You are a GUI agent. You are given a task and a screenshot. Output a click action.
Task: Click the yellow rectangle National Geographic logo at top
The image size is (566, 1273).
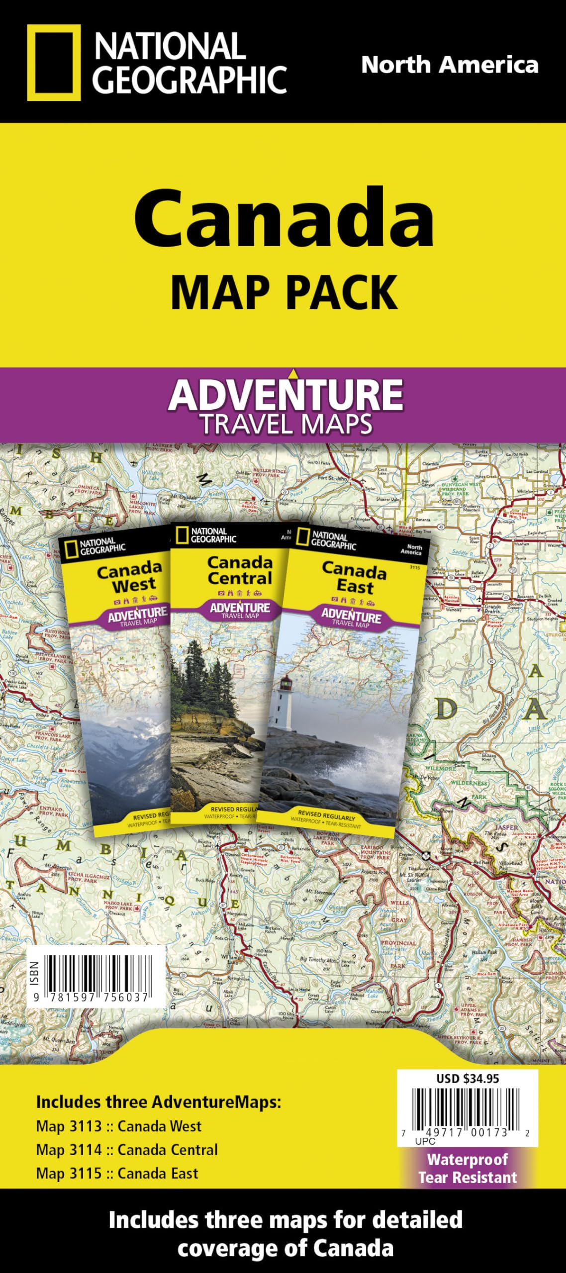[x=54, y=63]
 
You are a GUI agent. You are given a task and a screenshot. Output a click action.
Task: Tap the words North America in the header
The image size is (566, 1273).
[x=450, y=65]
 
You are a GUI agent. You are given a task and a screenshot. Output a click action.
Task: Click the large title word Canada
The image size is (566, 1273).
[x=283, y=219]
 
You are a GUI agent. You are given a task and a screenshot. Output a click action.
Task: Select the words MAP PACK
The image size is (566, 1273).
[x=284, y=292]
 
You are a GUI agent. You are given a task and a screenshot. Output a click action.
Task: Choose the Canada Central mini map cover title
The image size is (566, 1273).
[x=240, y=570]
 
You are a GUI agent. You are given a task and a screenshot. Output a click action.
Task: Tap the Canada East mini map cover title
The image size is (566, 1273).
[x=354, y=578]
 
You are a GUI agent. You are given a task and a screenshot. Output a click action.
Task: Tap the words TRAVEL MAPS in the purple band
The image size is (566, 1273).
[x=285, y=424]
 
